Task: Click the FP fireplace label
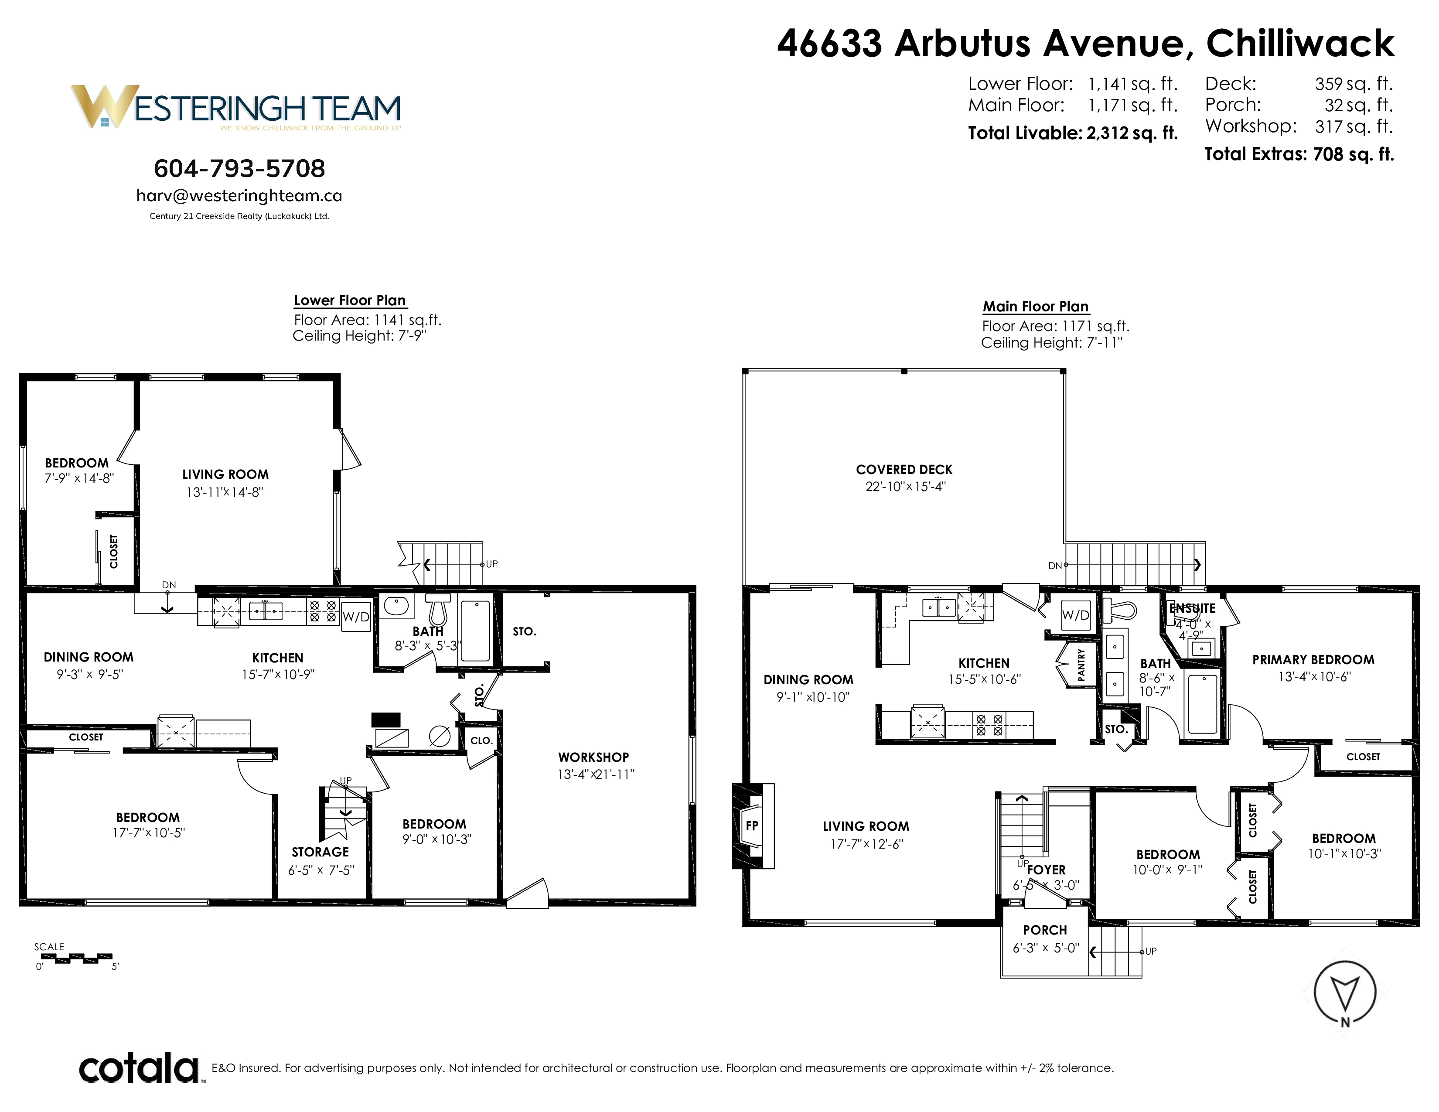pos(752,825)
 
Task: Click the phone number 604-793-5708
pos(239,169)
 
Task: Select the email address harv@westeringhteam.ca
pos(239,196)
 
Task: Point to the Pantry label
pos(1081,665)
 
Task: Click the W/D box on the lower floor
pos(356,617)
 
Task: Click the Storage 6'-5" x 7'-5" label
pos(321,860)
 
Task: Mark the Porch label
pos(1045,930)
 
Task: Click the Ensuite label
pos(1193,608)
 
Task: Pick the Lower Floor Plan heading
pos(350,300)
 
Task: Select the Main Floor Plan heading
pos(1036,306)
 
